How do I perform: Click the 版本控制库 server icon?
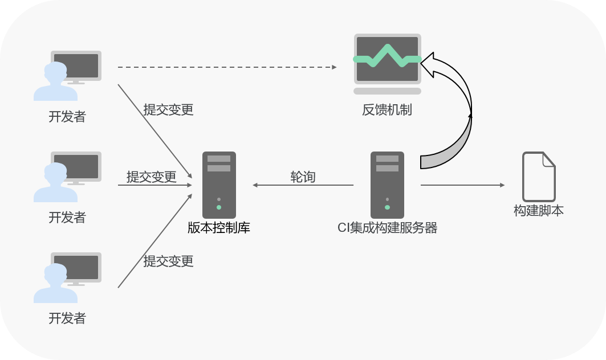(219, 185)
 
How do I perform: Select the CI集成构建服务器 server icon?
(387, 185)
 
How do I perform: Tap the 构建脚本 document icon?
(539, 176)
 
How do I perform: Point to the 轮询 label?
(303, 177)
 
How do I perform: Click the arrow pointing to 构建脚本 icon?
(462, 185)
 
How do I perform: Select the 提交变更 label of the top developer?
(168, 110)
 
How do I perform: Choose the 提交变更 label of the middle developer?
(151, 177)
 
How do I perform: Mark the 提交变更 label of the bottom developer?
(168, 261)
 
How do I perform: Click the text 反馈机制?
(387, 110)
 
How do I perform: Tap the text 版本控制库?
(219, 228)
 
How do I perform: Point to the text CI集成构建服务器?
(387, 228)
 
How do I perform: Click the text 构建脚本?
(539, 211)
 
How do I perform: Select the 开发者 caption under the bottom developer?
(67, 318)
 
